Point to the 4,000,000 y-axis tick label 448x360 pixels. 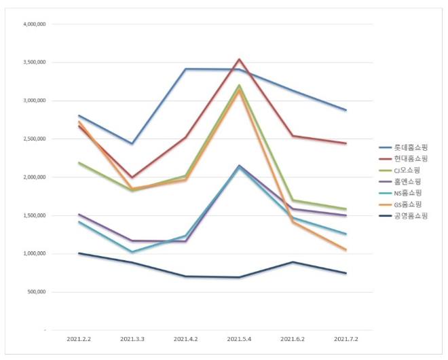pyautogui.click(x=34, y=24)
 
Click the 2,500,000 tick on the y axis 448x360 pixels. pyautogui.click(x=34, y=139)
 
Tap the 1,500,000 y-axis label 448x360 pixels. pyautogui.click(x=34, y=215)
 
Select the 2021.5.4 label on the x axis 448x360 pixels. pyautogui.click(x=240, y=338)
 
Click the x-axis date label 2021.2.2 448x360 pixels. pyautogui.click(x=79, y=338)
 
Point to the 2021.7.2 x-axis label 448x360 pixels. pyautogui.click(x=346, y=338)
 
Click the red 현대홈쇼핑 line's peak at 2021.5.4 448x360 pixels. pyautogui.click(x=240, y=59)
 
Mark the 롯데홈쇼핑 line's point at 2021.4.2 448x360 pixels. pyautogui.click(x=186, y=69)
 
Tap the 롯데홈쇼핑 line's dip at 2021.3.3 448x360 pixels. pyautogui.click(x=132, y=143)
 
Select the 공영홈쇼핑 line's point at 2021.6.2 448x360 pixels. pyautogui.click(x=293, y=262)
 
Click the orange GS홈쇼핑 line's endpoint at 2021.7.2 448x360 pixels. pyautogui.click(x=346, y=250)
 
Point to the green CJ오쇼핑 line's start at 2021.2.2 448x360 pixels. pyautogui.click(x=79, y=163)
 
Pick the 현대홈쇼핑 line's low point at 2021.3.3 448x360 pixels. pyautogui.click(x=132, y=177)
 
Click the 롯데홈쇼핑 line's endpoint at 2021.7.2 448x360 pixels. pyautogui.click(x=346, y=110)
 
